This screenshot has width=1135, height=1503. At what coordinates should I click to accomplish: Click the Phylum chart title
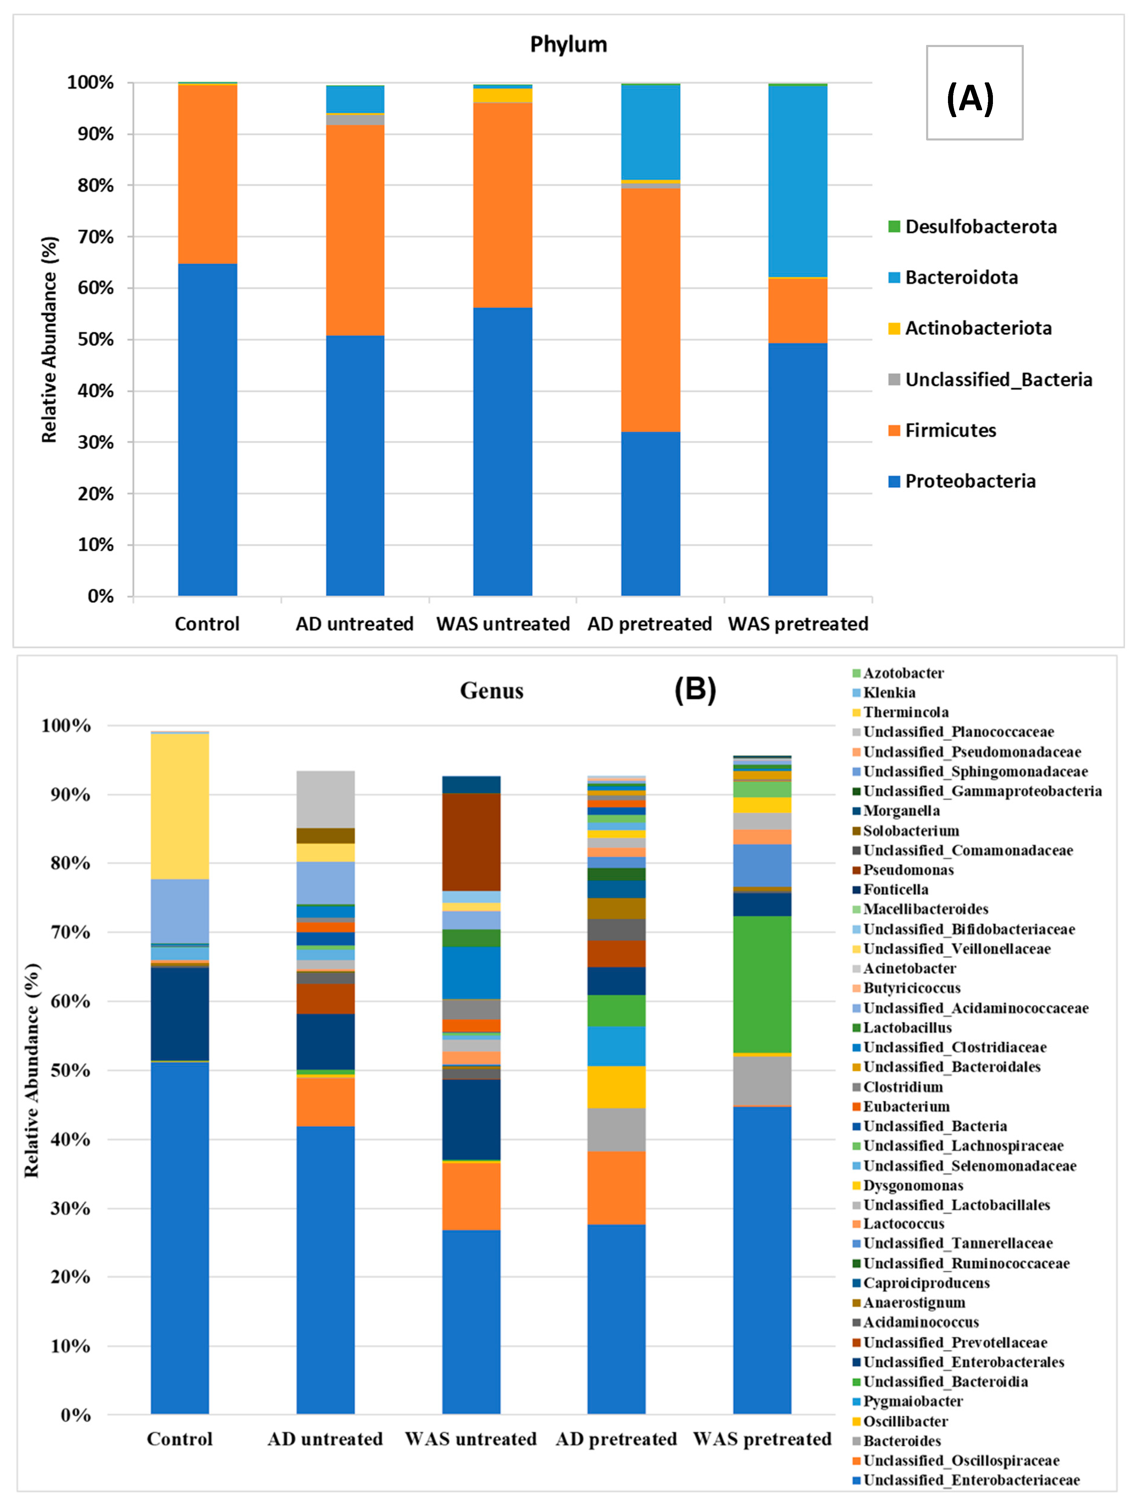[x=568, y=44]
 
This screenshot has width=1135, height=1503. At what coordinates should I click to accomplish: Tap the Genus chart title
[x=492, y=690]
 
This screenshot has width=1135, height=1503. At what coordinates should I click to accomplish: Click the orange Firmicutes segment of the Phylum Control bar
[x=207, y=173]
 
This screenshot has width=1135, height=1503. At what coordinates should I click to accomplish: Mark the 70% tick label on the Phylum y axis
[x=95, y=237]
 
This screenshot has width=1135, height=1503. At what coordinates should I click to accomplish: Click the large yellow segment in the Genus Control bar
[x=180, y=805]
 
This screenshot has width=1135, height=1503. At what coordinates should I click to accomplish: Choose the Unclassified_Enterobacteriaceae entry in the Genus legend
[x=970, y=1480]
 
